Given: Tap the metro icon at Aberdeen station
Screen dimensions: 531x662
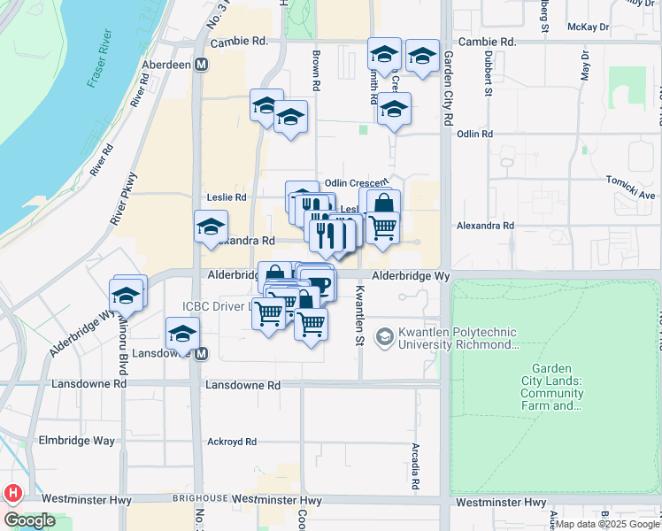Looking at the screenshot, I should point(202,65).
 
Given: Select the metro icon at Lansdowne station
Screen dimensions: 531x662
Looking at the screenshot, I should point(202,354).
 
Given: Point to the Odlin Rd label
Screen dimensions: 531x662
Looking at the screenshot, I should point(474,134).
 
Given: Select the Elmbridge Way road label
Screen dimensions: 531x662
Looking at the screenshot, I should point(75,441).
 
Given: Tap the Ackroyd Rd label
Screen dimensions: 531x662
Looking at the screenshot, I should point(231,442).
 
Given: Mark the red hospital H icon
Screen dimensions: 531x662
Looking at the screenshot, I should point(13,493).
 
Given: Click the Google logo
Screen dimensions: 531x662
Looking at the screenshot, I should point(29,520).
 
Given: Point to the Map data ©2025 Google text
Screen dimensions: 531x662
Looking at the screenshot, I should point(606,524).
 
